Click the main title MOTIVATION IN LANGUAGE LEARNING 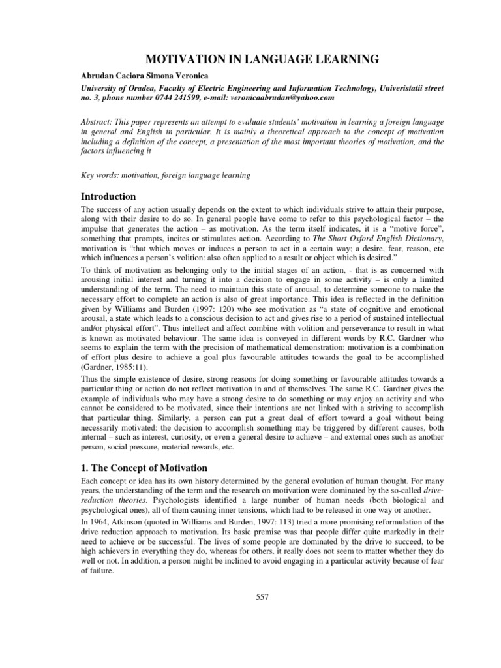(250, 60)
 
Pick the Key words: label (95, 176)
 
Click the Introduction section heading (108, 196)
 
